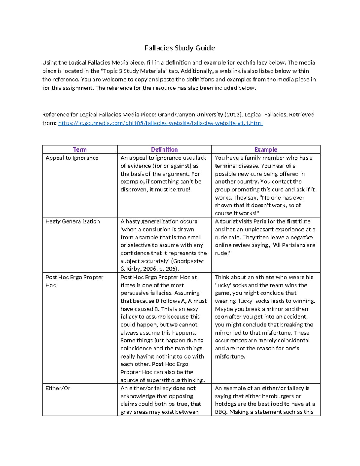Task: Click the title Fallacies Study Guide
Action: click(180, 48)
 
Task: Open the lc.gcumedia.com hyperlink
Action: click(160, 123)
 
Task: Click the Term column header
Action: click(80, 149)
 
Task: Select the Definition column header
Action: click(164, 149)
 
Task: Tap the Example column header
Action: click(265, 149)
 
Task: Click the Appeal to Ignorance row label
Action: click(72, 158)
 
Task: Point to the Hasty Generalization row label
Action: click(73, 221)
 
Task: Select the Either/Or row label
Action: click(58, 388)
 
